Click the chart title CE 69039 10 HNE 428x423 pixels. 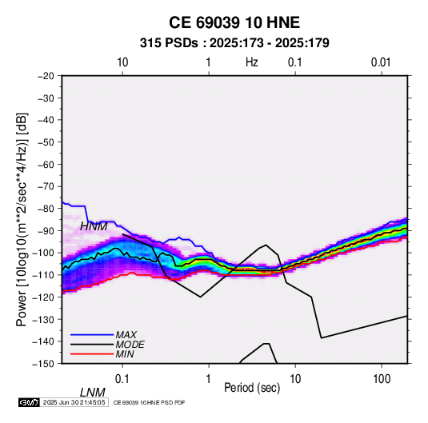point(234,22)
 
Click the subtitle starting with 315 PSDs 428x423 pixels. point(234,43)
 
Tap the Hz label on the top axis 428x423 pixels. point(252,62)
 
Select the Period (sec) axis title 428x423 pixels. point(252,388)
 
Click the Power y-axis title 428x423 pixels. point(22,219)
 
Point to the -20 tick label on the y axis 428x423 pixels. point(46,76)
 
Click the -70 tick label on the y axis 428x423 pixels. point(46,186)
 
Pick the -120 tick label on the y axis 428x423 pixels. point(43,297)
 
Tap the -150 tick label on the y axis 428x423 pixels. point(43,364)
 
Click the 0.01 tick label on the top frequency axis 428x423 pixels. point(381,62)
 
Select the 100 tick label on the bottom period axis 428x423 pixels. point(382,379)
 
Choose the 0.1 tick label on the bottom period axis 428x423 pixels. point(122,379)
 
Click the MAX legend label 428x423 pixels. point(126,335)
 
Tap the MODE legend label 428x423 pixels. point(130,345)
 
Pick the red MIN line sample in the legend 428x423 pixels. point(92,354)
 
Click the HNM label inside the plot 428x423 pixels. point(94,226)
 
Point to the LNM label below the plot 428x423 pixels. point(93,393)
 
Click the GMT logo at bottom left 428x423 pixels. point(30,402)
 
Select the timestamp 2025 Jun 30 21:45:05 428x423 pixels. point(74,402)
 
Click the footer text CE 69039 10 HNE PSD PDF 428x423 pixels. point(149,402)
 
